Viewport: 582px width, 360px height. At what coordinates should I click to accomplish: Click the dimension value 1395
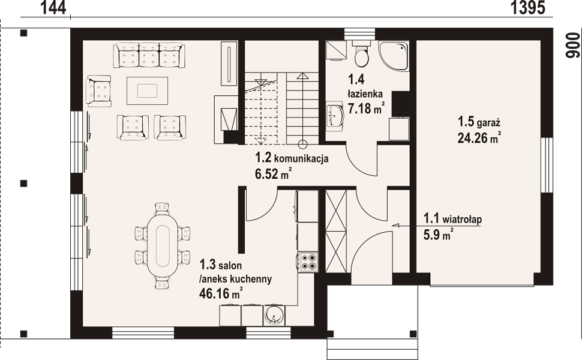click(528, 7)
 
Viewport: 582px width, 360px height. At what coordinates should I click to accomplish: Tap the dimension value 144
click(53, 7)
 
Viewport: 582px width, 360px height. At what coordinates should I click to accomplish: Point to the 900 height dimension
click(573, 45)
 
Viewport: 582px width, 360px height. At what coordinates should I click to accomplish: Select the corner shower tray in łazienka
click(394, 56)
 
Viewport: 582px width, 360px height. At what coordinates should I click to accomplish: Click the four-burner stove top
click(308, 262)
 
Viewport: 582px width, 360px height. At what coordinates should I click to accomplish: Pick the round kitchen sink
click(274, 316)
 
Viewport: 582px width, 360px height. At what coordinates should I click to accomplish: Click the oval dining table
click(163, 245)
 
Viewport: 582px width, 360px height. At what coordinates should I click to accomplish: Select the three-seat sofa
click(149, 55)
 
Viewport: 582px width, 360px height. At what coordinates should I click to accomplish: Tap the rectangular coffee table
click(148, 91)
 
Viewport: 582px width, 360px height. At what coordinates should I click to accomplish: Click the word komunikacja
click(301, 159)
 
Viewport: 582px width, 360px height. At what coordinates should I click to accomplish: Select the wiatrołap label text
click(462, 219)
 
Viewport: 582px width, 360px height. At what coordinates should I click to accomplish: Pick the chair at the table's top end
click(162, 209)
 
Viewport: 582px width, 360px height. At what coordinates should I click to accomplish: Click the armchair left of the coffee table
click(98, 91)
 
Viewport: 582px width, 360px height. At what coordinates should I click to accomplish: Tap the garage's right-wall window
click(547, 165)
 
